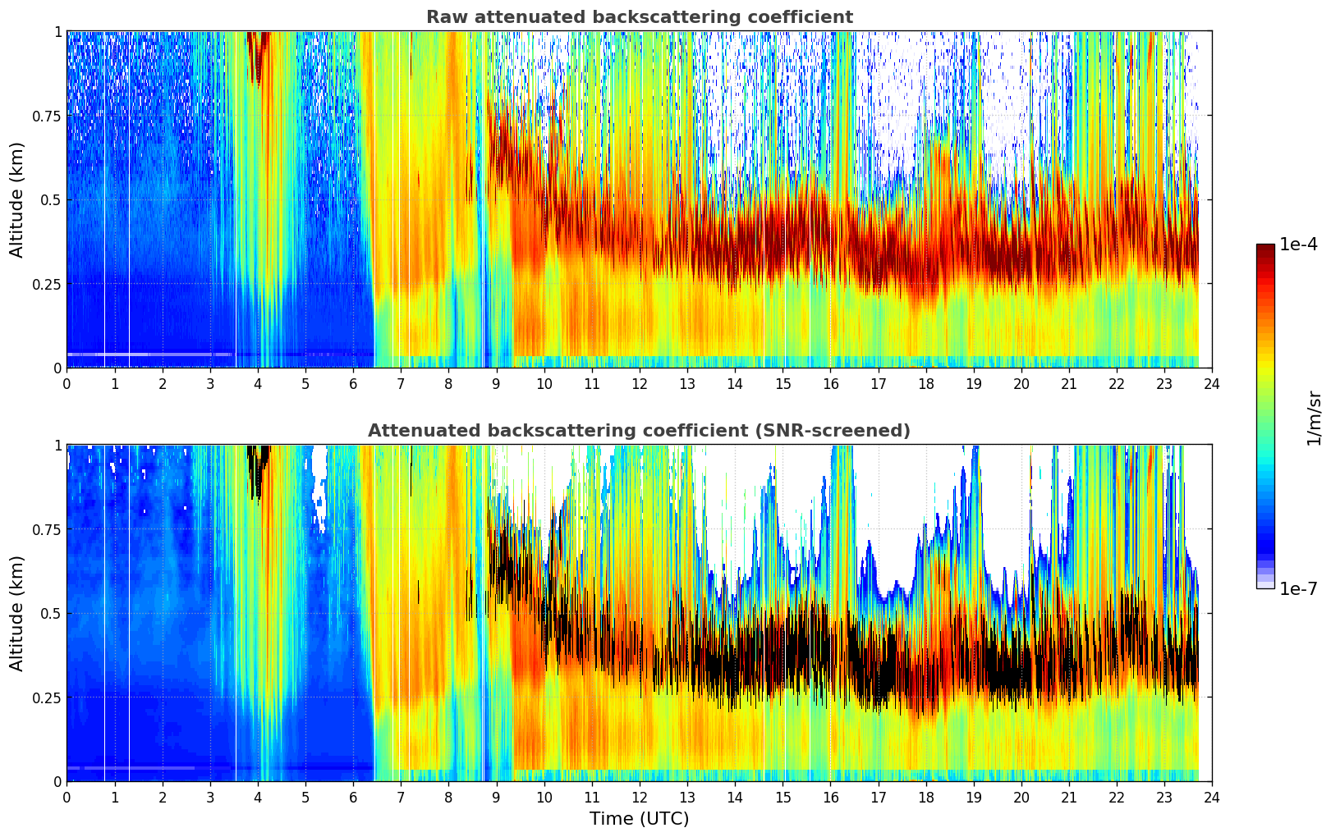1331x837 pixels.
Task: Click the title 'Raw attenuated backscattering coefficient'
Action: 639,17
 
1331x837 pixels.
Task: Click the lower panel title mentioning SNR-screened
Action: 639,431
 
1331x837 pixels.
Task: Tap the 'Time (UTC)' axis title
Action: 639,819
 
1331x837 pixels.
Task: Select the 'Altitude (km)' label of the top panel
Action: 17,199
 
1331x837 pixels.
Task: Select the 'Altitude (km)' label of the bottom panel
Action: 17,613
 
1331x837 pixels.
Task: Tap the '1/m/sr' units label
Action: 1314,418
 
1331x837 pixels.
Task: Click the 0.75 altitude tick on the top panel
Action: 47,116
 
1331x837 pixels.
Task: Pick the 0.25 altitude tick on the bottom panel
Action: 47,697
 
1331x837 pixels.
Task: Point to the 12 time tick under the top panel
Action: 639,383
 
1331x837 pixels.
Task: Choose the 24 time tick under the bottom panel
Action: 1211,797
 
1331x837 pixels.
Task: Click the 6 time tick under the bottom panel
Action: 353,797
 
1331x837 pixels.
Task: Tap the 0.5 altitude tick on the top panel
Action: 52,199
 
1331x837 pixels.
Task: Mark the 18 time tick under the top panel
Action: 925,383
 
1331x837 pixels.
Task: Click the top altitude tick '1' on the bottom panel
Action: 57,446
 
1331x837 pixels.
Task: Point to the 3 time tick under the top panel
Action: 210,383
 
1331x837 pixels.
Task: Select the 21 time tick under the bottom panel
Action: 1068,797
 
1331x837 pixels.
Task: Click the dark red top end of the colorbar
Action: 1264,249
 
